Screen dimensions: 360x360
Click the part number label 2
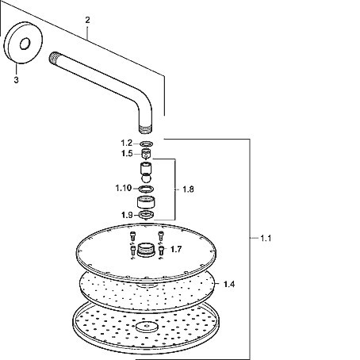[87, 20]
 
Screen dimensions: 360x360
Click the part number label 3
[17, 80]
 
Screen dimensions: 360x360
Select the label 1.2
[127, 143]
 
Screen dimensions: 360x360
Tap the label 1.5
[127, 153]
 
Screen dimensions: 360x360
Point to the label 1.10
[124, 188]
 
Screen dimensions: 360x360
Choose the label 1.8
[188, 190]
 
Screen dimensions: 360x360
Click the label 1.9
[127, 215]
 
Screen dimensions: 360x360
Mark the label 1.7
[176, 249]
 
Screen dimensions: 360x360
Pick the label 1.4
[229, 285]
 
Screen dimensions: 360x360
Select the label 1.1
[266, 239]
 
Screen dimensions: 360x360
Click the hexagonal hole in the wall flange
[25, 44]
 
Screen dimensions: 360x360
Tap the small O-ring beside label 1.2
[147, 144]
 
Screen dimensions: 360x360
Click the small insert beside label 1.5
[146, 154]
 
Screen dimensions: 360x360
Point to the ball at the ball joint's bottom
[146, 178]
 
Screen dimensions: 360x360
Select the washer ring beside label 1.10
[146, 189]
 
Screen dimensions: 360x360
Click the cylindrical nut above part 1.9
[146, 202]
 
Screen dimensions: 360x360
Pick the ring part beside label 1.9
[146, 215]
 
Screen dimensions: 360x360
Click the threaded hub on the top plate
[146, 250]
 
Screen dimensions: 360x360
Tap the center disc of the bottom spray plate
[147, 327]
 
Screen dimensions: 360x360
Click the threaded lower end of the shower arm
[146, 129]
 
